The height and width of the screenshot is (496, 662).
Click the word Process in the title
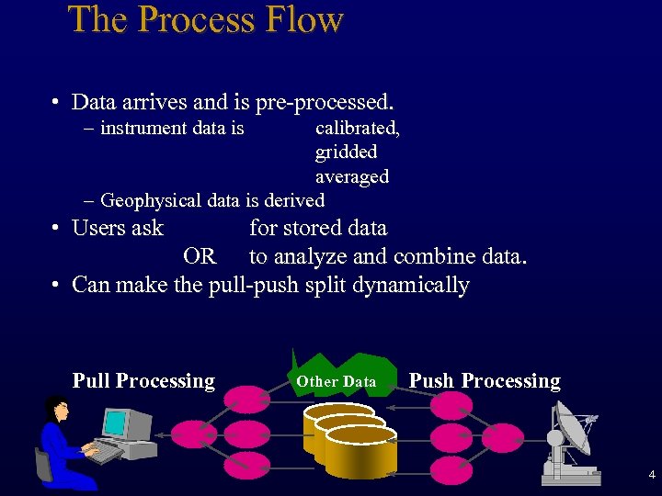[x=192, y=20]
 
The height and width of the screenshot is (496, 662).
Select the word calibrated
[x=357, y=129]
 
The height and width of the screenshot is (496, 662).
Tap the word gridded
[x=346, y=152]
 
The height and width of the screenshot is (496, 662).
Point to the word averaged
[x=351, y=175]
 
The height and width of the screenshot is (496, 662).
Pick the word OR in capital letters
[x=200, y=256]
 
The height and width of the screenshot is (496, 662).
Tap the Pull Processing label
[x=143, y=381]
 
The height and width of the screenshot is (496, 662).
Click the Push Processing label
[x=484, y=381]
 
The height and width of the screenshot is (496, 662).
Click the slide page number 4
[x=651, y=475]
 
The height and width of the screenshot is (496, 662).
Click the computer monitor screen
[x=116, y=424]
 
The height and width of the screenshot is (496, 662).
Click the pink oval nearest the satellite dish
[x=502, y=437]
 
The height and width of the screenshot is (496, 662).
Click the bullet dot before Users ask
[x=56, y=230]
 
